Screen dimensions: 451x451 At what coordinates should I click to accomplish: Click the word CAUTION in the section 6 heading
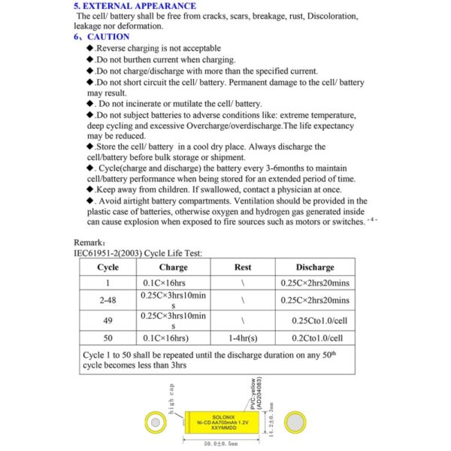[108, 36]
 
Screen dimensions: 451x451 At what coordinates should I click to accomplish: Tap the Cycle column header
[107, 267]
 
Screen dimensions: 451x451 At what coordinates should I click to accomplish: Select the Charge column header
[173, 267]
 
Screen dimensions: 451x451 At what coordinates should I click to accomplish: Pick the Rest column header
[243, 267]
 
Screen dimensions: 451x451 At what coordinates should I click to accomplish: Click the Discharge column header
[315, 267]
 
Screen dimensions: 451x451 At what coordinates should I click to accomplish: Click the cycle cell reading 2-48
[107, 300]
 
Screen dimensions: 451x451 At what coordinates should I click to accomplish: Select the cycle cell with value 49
[107, 320]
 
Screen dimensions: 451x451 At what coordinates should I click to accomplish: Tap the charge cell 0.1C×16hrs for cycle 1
[167, 283]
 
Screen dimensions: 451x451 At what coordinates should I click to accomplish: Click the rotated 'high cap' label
[172, 398]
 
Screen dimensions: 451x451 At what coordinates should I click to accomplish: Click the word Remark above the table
[89, 243]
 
